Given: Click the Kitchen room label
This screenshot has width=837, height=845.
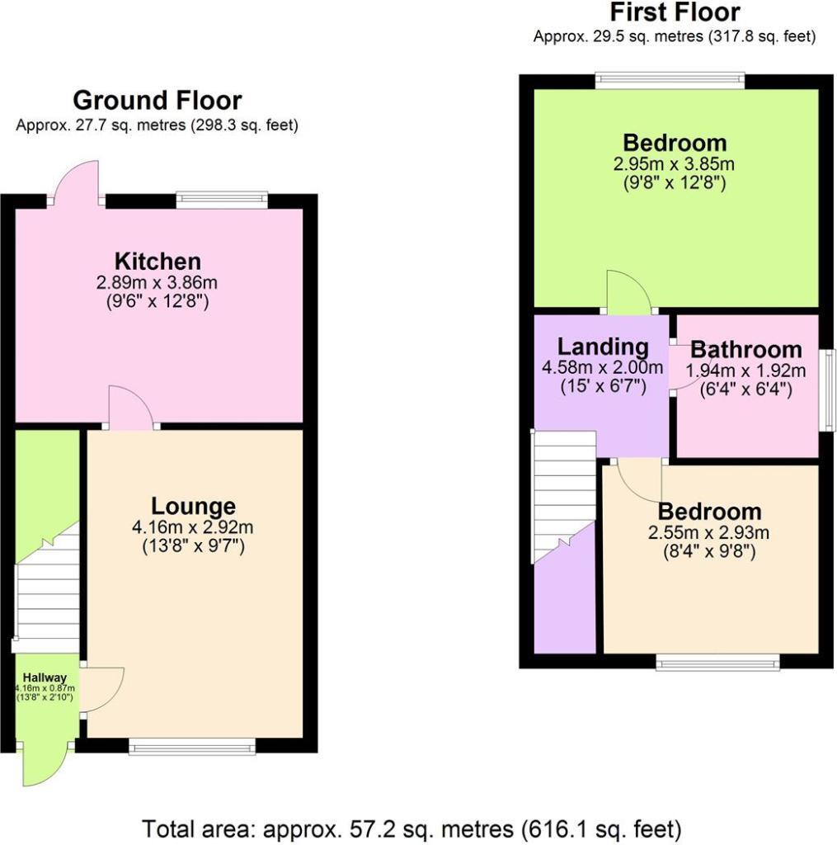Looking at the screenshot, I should pyautogui.click(x=157, y=262).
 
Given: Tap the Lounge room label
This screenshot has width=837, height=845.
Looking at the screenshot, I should pyautogui.click(x=193, y=506).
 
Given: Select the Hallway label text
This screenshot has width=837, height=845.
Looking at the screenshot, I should pyautogui.click(x=45, y=677).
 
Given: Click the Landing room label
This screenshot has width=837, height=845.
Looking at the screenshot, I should pyautogui.click(x=602, y=347).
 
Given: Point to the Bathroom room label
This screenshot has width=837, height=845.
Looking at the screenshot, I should pyautogui.click(x=745, y=349).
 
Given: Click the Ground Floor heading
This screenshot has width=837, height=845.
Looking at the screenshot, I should pyautogui.click(x=157, y=101).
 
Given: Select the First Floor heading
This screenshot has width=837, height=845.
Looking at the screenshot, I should pyautogui.click(x=675, y=13).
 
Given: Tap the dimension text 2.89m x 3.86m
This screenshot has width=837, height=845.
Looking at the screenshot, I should pyautogui.click(x=157, y=283).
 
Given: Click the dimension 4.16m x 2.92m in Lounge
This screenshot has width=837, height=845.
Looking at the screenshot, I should pyautogui.click(x=193, y=527).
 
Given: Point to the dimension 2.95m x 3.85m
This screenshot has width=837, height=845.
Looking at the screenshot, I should pyautogui.click(x=675, y=164).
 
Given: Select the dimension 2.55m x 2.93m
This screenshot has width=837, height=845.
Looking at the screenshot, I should pyautogui.click(x=709, y=532).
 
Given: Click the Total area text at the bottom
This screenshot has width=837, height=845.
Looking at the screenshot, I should pyautogui.click(x=411, y=828).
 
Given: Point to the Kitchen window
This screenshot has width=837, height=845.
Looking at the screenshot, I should pyautogui.click(x=222, y=200).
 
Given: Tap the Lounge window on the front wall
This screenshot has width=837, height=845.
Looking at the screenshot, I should pyautogui.click(x=192, y=747).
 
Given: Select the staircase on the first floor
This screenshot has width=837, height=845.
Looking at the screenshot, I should pyautogui.click(x=563, y=495).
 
